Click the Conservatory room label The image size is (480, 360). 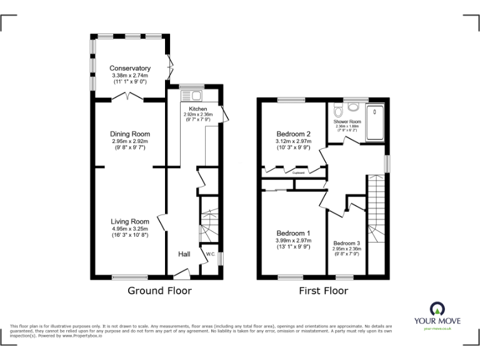(x=130, y=68)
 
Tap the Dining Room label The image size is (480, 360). (x=130, y=134)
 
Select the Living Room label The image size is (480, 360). (x=130, y=221)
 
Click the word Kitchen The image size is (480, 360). (x=198, y=108)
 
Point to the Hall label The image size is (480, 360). (x=184, y=254)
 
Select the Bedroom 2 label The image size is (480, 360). (x=294, y=134)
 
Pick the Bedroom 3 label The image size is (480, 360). (x=346, y=243)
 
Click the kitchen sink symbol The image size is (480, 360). (x=190, y=96)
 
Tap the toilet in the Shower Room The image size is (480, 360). (x=339, y=111)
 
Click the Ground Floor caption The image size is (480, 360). (x=159, y=291)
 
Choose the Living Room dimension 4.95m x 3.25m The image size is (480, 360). (x=130, y=229)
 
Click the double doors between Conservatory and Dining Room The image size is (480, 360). (x=130, y=97)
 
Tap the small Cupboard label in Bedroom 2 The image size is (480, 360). (x=299, y=173)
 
